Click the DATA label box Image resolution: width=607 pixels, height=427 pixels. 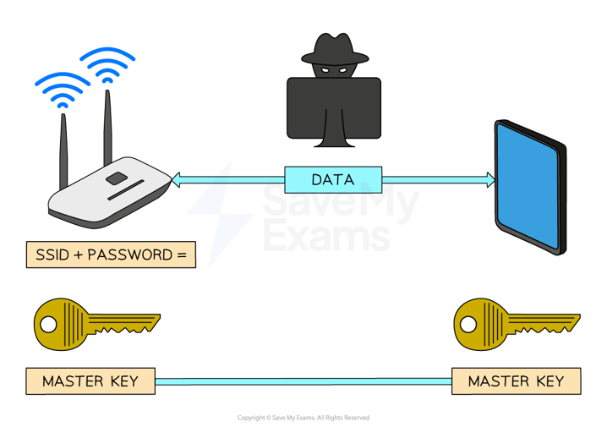coord(333,179)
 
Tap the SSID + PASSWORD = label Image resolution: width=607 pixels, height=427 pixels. coord(111,255)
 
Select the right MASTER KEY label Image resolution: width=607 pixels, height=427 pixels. coord(516,380)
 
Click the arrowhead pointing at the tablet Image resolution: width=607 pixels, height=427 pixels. coord(489,179)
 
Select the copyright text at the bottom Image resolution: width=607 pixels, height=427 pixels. coord(303,418)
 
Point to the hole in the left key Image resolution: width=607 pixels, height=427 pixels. coord(49,323)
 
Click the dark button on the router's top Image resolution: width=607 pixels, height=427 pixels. coord(117,179)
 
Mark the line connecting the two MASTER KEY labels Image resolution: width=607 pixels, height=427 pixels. coord(304,381)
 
